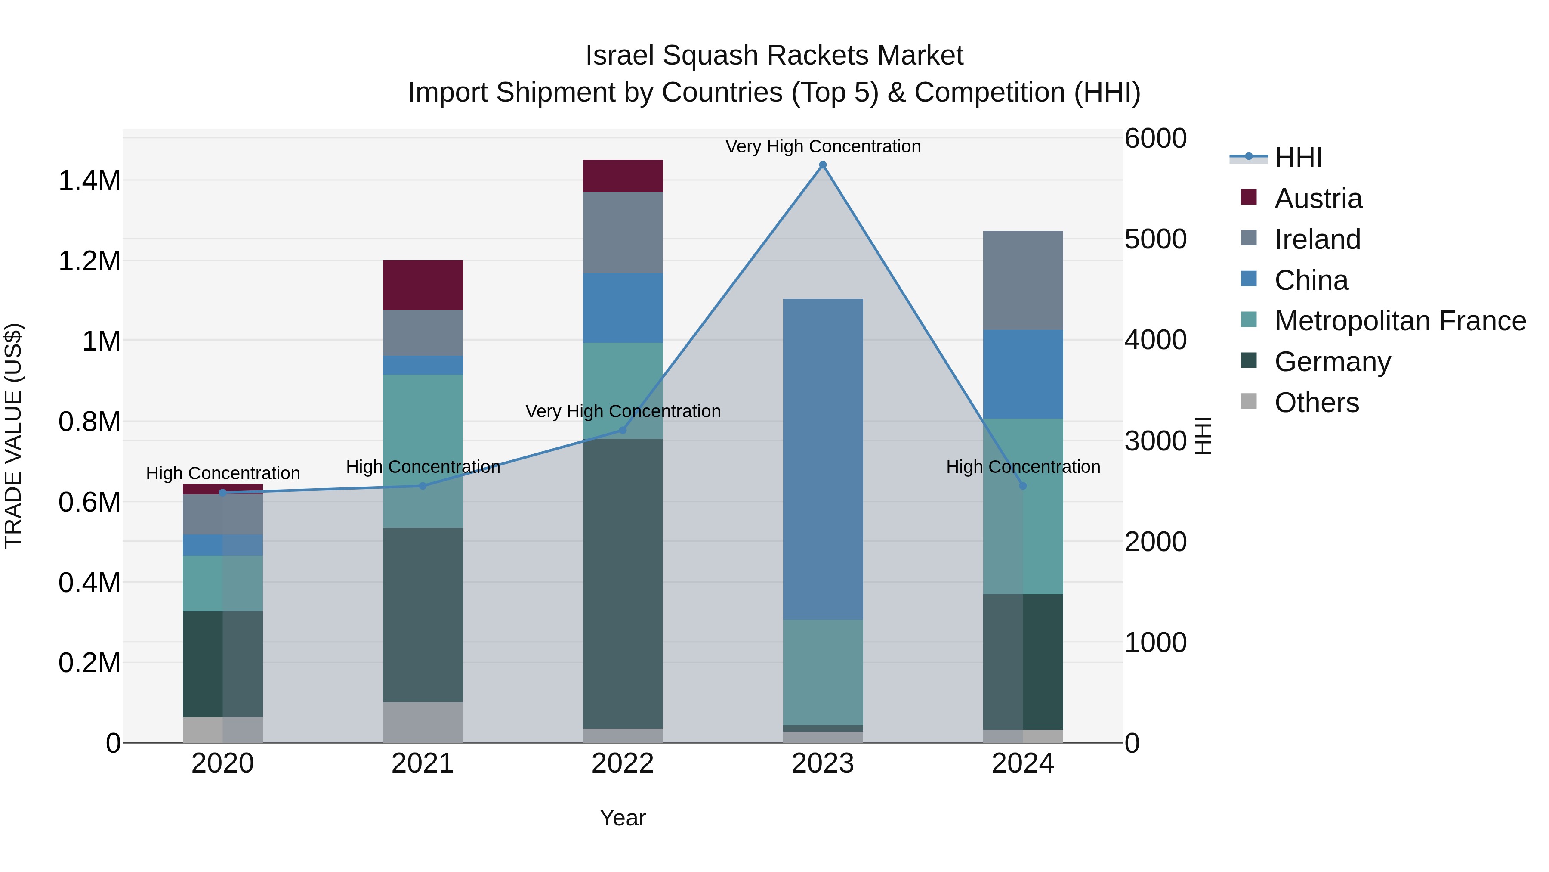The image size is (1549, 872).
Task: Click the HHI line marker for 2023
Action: (x=823, y=165)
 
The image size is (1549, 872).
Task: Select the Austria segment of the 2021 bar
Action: (x=423, y=285)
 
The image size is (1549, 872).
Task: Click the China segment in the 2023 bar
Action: (x=823, y=459)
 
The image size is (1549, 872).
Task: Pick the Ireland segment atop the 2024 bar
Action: (x=1023, y=280)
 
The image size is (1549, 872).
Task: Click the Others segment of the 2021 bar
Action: (x=423, y=722)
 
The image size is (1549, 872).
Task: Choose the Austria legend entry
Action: (x=1318, y=199)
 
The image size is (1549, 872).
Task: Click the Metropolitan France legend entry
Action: (x=1400, y=321)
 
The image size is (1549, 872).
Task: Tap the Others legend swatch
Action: (x=1249, y=401)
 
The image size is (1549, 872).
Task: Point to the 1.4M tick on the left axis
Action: (x=89, y=180)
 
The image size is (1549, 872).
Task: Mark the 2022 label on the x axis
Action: (x=623, y=763)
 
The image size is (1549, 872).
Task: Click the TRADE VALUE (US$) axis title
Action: (x=13, y=436)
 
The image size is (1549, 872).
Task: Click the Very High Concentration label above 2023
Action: (x=823, y=146)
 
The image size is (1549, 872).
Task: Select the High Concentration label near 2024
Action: (x=1023, y=466)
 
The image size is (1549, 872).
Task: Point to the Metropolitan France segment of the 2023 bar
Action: (x=823, y=672)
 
